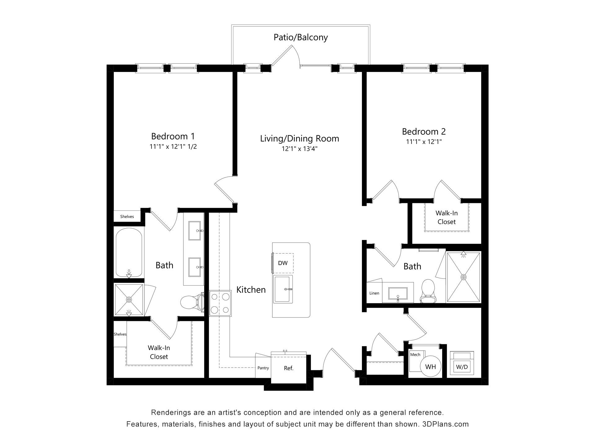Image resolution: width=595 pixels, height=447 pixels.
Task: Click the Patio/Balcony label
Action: (x=301, y=37)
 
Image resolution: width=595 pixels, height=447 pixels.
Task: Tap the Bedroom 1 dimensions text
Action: (x=173, y=147)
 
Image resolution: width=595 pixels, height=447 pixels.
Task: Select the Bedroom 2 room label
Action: (x=424, y=132)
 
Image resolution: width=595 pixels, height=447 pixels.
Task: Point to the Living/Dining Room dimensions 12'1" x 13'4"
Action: (x=300, y=149)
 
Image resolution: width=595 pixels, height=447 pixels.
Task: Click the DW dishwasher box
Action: (x=283, y=263)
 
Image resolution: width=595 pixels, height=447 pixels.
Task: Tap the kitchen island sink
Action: (x=283, y=289)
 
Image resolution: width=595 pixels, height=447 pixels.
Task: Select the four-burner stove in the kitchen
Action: (x=220, y=303)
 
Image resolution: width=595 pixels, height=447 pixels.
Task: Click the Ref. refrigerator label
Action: (x=289, y=368)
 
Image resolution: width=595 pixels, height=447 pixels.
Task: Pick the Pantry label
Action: (x=263, y=368)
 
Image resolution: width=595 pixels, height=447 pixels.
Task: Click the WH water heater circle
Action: (x=431, y=367)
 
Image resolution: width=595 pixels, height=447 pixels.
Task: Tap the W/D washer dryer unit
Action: (x=462, y=363)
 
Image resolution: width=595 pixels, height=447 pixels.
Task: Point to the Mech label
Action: (x=415, y=354)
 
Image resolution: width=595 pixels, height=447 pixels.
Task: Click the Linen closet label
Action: (x=374, y=293)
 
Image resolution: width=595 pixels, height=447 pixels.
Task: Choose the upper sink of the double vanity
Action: (x=195, y=231)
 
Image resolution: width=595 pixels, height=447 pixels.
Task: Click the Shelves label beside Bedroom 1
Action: (x=127, y=217)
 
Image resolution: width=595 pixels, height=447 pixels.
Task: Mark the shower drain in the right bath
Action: (x=464, y=277)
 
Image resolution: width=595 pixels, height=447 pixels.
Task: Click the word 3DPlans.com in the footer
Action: (x=446, y=424)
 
